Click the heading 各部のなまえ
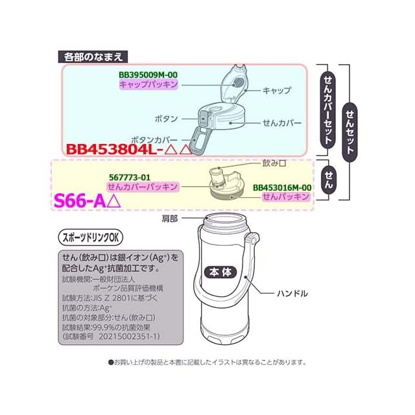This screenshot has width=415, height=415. tap(89, 56)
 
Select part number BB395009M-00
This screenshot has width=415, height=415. tap(148, 75)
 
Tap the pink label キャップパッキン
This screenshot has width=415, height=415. tap(148, 85)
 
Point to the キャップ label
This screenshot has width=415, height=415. tap(277, 90)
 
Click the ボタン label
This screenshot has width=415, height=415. tap(167, 119)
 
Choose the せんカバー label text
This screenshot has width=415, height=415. tap(280, 122)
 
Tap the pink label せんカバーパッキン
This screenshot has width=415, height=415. tap(143, 187)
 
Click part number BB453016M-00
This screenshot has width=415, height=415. tap(283, 187)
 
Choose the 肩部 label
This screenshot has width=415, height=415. tap(170, 219)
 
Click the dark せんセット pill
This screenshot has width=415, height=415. tap(350, 130)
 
